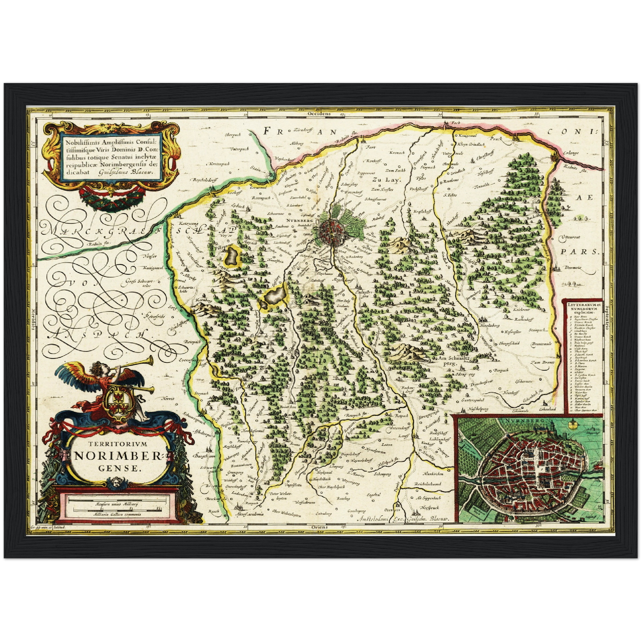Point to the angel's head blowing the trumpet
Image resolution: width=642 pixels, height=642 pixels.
(x=95, y=368)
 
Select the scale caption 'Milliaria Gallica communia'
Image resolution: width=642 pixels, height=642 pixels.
(x=117, y=514)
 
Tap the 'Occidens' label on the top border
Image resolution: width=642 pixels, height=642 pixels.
(x=319, y=114)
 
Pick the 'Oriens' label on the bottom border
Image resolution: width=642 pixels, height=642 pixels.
(x=320, y=527)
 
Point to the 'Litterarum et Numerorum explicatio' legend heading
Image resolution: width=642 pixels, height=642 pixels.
(x=582, y=307)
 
